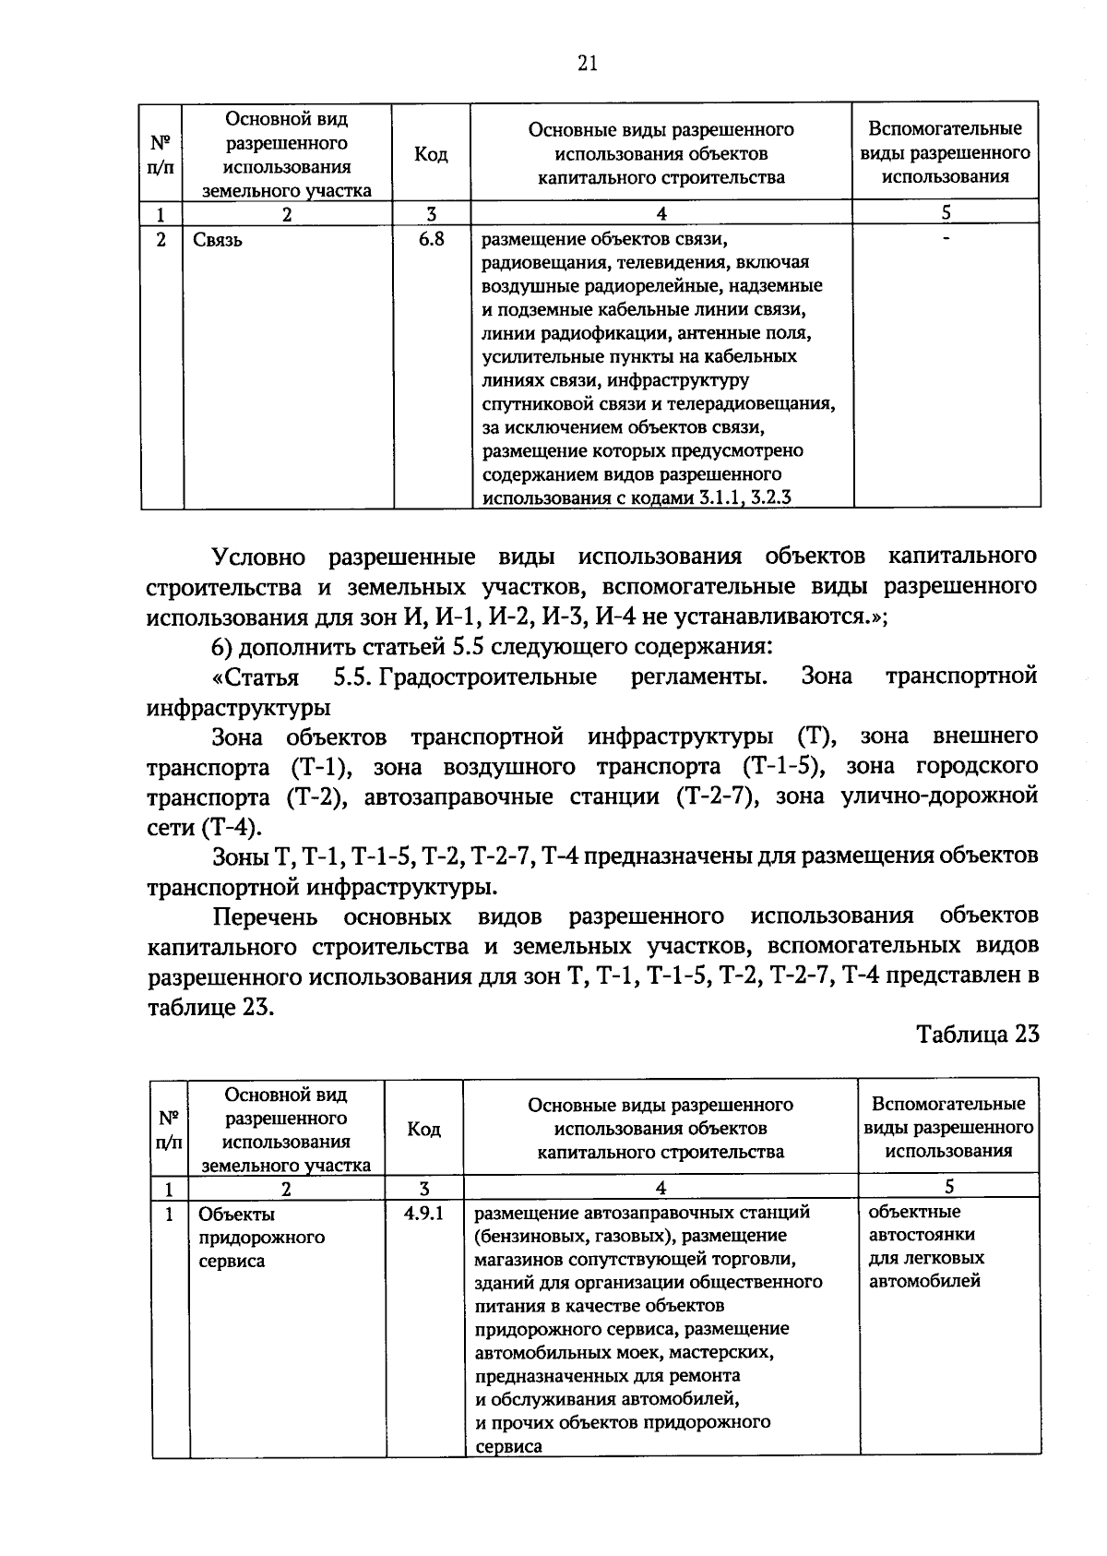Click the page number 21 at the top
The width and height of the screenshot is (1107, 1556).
coord(588,63)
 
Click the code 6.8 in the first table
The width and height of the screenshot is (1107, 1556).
coord(431,239)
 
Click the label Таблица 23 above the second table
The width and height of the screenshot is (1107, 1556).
coord(978,1034)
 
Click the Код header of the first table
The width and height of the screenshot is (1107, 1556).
coord(431,153)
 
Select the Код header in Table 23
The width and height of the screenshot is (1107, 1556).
coord(423,1129)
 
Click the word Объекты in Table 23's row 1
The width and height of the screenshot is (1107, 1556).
coord(236,1215)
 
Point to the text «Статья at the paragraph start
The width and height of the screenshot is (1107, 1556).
coord(256,677)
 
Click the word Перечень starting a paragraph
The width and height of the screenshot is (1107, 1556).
coord(265,916)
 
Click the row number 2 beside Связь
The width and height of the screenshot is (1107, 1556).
coord(162,240)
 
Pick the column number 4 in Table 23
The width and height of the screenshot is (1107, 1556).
coord(661,1187)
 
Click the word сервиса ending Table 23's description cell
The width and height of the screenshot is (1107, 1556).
coord(508,1447)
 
